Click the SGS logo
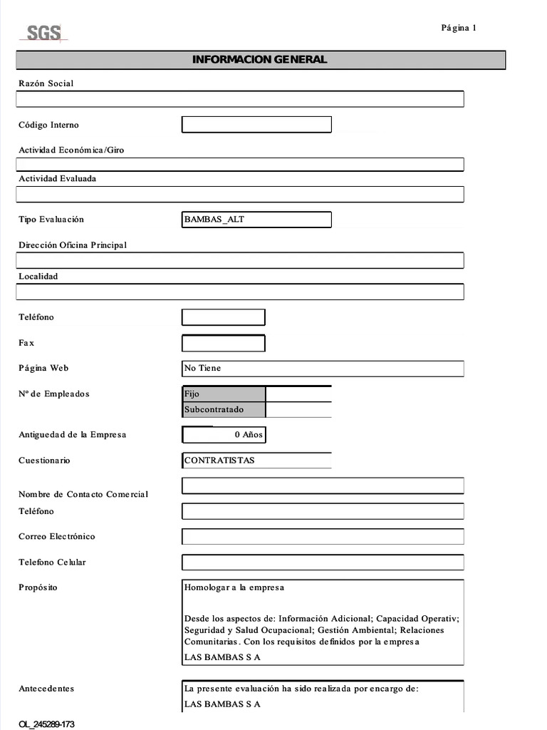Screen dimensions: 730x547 click(44, 33)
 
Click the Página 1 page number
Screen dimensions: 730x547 click(458, 28)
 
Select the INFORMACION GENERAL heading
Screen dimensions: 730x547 click(260, 59)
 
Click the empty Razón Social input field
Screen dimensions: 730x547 click(239, 99)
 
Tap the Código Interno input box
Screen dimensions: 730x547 click(256, 125)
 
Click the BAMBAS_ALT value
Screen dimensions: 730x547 click(214, 220)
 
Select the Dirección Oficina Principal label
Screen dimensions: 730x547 click(73, 245)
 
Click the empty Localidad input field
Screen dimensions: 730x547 click(239, 292)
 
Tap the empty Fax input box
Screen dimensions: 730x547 click(224, 344)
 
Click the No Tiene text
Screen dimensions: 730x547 click(203, 369)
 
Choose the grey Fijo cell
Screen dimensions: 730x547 click(224, 394)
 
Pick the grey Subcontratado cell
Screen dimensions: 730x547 click(224, 410)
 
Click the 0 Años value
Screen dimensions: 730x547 click(247, 435)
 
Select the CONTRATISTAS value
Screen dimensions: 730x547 click(219, 461)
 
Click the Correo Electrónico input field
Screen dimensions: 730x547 click(323, 537)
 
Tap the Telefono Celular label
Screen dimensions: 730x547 click(52, 562)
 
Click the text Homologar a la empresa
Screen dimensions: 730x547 click(234, 587)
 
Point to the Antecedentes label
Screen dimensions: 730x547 click(46, 689)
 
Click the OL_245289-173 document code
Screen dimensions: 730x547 click(46, 724)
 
